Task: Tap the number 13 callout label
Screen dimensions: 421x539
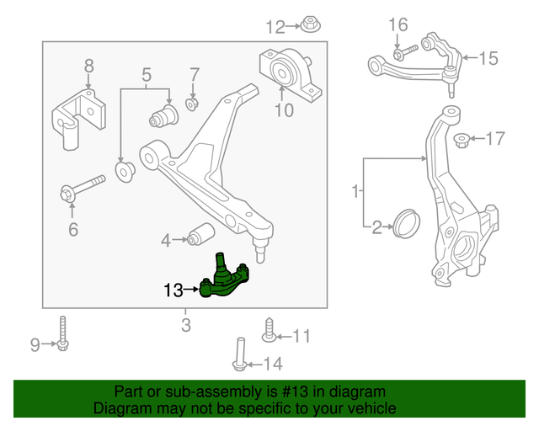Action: coord(173,291)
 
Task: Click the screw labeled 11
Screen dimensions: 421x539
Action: coord(269,331)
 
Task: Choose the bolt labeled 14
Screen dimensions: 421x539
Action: coord(238,354)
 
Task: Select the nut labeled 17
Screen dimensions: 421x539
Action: coord(462,139)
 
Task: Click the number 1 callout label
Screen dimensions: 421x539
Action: coord(356,191)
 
